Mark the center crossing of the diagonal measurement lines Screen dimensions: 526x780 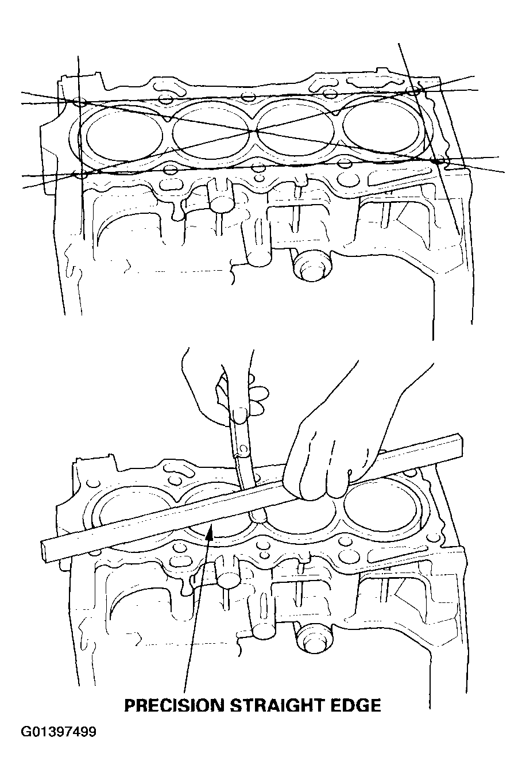256,130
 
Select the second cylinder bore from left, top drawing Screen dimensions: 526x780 211,132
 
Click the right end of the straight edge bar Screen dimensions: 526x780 460,445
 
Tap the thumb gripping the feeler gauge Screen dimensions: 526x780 240,416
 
